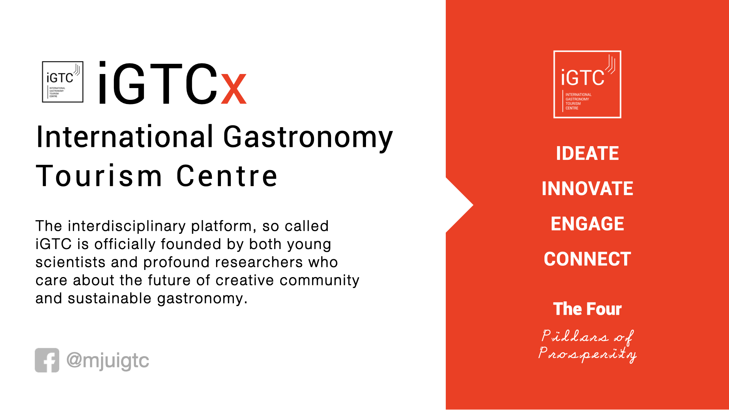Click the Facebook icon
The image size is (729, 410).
tap(47, 360)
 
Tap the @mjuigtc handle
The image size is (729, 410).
tap(108, 361)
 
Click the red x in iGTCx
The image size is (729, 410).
tap(234, 89)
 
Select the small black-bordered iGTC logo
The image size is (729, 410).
tap(63, 82)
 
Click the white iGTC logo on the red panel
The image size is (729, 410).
tap(587, 84)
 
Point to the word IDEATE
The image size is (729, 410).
tap(587, 153)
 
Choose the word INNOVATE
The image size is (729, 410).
tap(587, 189)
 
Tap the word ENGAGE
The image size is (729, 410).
tap(587, 224)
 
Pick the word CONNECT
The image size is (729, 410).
tap(587, 259)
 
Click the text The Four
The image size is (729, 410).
tap(587, 309)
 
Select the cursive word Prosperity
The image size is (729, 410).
tap(587, 354)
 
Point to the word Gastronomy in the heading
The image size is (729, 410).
tap(308, 137)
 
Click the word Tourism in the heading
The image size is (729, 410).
tap(99, 176)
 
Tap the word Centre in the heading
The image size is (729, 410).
tap(227, 176)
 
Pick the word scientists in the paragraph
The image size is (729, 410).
tap(70, 262)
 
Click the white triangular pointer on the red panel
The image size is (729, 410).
tap(459, 205)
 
